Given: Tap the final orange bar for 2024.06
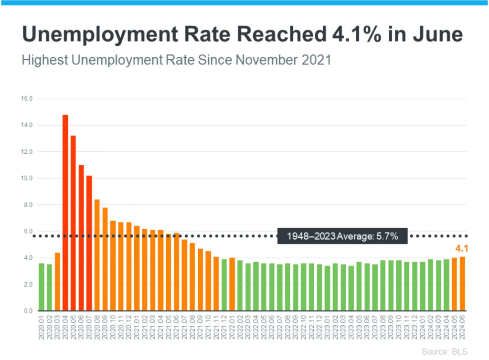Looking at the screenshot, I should click(x=462, y=284).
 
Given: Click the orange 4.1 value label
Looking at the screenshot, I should click(x=460, y=248).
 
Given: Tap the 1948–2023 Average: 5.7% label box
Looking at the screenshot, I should click(x=342, y=236).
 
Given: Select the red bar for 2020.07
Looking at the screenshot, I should click(x=89, y=243).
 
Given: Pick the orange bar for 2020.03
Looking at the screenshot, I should click(x=57, y=282).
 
